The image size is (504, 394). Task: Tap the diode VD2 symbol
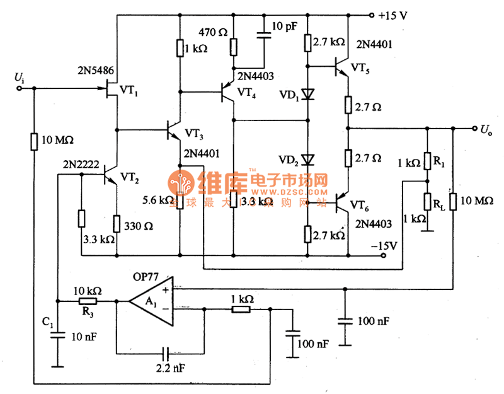point(307,159)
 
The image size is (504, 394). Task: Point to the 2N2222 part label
point(78,164)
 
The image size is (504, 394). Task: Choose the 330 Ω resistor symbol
point(117,223)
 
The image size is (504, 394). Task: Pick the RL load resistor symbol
point(428,202)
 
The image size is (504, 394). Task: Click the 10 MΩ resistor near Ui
point(35,141)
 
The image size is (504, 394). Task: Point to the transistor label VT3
point(194,134)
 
